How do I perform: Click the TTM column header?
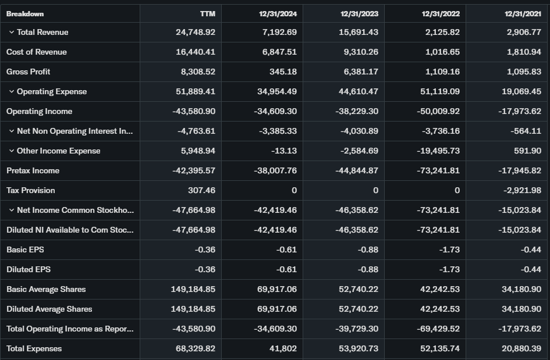[207, 13]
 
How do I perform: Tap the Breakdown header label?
[25, 13]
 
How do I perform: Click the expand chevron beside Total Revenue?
[12, 32]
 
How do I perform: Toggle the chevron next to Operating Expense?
[12, 91]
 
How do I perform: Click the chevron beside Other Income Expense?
[12, 151]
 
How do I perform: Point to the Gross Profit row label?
[29, 72]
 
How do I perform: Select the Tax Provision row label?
[31, 190]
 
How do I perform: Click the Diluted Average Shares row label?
[49, 309]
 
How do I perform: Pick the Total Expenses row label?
[34, 348]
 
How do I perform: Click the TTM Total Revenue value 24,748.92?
[196, 32]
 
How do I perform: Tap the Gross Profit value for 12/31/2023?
[359, 72]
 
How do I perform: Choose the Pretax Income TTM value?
[194, 170]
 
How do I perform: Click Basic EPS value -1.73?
[449, 249]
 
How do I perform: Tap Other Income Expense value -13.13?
[284, 151]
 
